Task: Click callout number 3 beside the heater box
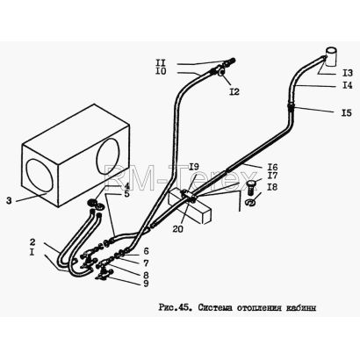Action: [x=10, y=201]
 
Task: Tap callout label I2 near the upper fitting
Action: [x=234, y=91]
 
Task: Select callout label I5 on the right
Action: [x=347, y=112]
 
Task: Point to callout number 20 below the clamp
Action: [x=177, y=228]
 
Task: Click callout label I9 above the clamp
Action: [x=194, y=167]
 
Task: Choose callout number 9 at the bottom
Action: [x=146, y=284]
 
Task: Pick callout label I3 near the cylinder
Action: [x=348, y=73]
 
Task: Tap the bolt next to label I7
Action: [x=250, y=187]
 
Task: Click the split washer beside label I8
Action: [x=250, y=202]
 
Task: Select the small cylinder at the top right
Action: [x=331, y=57]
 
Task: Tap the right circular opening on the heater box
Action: [x=108, y=156]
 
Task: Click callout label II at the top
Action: [x=160, y=62]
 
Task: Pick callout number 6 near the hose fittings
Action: [x=146, y=251]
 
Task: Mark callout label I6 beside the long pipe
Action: [x=272, y=167]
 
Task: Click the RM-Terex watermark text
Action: [x=181, y=176]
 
